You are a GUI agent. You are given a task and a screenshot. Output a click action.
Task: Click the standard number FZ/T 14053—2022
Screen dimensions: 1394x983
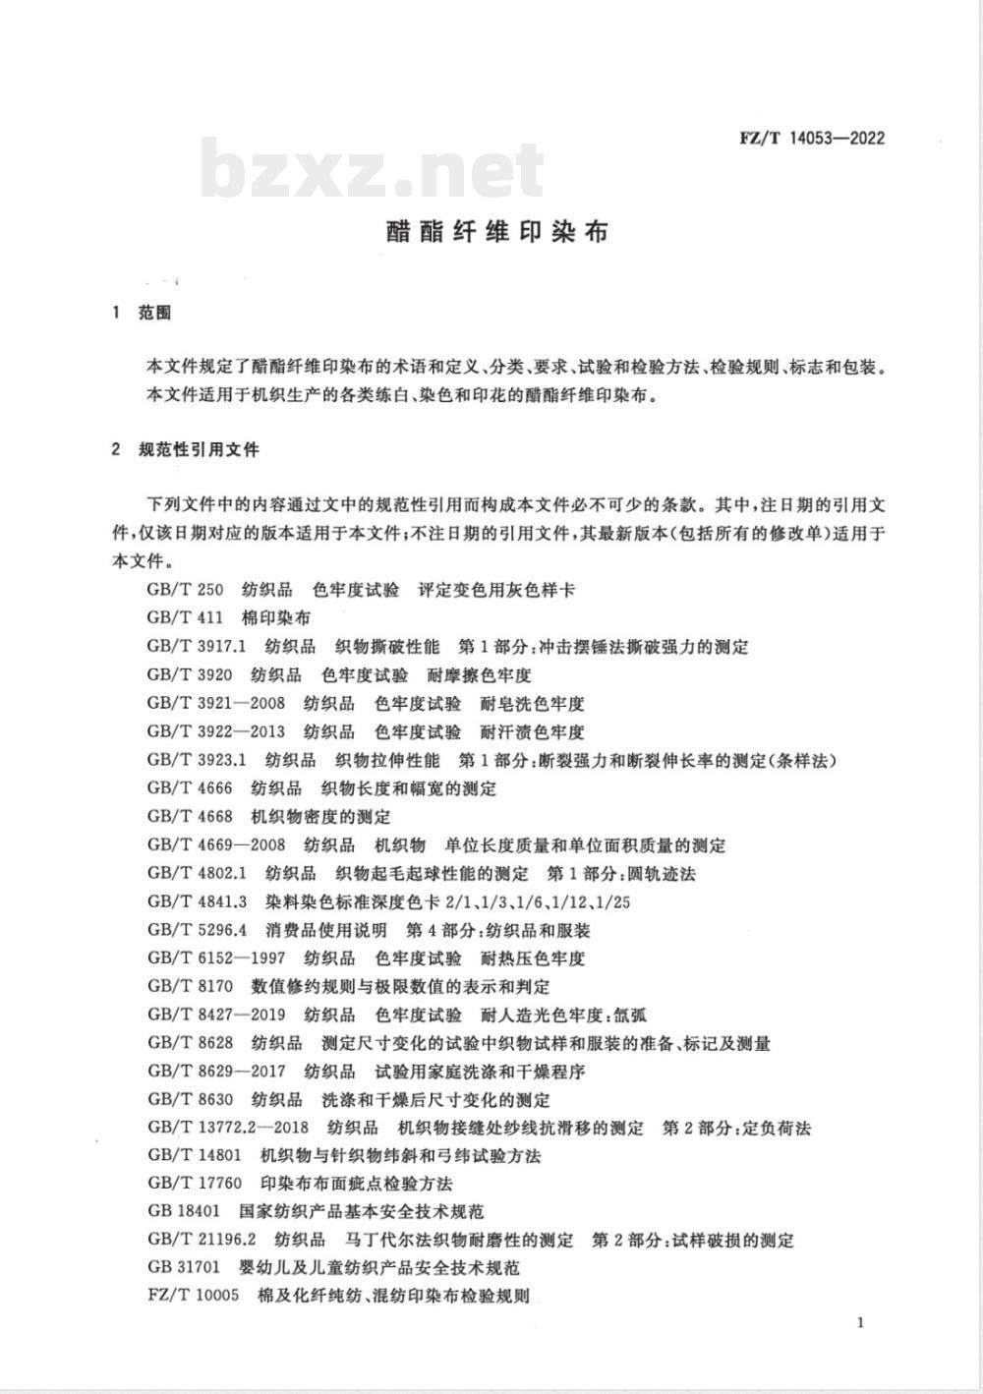point(811,138)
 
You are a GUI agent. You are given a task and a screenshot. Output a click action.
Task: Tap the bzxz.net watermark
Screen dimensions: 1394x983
point(373,171)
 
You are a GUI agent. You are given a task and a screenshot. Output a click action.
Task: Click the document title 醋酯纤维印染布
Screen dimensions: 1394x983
point(496,231)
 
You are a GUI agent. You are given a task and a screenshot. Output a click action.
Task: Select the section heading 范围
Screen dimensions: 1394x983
point(154,314)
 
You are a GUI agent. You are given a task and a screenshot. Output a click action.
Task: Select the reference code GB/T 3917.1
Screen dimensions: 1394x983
point(196,647)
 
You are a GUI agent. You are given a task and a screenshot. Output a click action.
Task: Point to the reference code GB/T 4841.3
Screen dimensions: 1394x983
point(196,901)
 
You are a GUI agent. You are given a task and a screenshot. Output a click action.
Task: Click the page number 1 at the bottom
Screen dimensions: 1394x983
point(860,1323)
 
